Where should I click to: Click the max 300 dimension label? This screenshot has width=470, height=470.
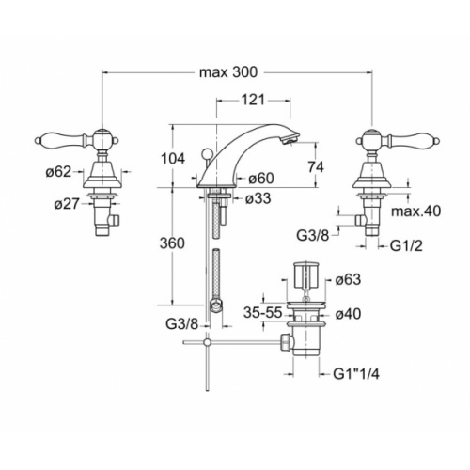point(228,72)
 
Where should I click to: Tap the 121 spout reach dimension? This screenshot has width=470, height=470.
point(253,101)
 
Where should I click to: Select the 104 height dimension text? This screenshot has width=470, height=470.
point(173,159)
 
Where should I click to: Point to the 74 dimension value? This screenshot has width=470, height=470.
point(315,166)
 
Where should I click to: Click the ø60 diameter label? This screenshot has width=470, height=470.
point(261,179)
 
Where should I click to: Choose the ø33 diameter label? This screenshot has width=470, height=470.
point(258,198)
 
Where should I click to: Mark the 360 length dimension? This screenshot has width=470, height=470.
point(172,243)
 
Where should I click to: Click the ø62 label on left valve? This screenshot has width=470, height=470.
point(58,171)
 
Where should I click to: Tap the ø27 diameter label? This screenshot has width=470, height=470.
point(67,204)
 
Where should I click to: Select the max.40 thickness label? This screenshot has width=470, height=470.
point(415,211)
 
